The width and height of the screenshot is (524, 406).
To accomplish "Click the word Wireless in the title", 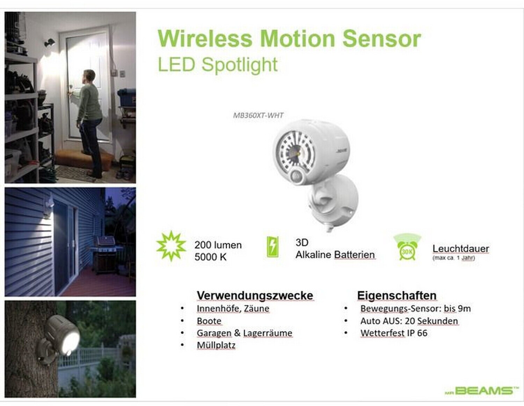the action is [205, 39].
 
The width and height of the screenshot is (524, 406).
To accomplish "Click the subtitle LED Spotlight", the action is [218, 64].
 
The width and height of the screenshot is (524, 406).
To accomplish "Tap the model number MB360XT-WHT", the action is [258, 116].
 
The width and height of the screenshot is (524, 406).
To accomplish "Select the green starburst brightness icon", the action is [171, 246].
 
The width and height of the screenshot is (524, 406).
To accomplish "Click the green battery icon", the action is [273, 246].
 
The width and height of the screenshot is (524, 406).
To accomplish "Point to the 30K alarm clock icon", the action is [407, 247].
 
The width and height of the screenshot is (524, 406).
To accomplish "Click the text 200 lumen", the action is [218, 245].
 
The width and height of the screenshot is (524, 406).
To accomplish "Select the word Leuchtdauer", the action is [461, 249].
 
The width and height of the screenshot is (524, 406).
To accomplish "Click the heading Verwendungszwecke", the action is [255, 295].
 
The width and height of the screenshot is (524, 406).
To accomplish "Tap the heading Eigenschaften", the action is [397, 295].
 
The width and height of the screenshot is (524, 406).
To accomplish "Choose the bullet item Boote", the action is [209, 321].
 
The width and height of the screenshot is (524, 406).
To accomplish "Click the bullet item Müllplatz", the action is [216, 345].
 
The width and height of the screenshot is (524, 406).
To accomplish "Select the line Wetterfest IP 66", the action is [394, 333].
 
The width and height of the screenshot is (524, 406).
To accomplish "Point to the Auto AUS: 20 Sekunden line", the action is [409, 321].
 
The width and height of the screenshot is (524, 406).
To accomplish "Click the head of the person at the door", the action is [89, 77].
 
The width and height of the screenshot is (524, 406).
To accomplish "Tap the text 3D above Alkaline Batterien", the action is [302, 242].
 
